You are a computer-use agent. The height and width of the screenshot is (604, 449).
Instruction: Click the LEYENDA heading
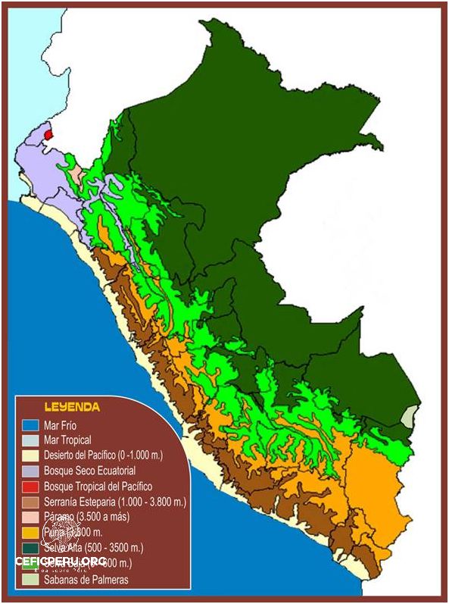point(72,407)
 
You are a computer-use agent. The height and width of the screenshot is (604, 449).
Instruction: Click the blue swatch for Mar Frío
point(30,426)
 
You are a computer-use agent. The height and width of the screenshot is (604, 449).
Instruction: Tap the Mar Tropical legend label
point(67,440)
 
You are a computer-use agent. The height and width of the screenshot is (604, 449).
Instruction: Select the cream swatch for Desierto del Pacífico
point(30,455)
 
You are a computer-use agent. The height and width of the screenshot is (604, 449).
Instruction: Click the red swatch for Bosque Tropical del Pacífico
point(30,486)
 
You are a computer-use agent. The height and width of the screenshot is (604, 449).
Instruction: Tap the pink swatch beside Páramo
point(30,516)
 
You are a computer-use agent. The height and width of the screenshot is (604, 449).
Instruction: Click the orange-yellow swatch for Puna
point(30,531)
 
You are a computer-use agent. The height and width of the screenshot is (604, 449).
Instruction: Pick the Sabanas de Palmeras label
point(86,580)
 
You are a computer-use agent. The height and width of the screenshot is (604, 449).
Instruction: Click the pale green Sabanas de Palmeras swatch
point(30,580)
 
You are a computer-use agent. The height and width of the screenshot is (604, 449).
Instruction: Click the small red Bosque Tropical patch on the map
point(48,134)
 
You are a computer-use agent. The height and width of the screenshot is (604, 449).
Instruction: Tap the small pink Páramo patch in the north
point(76,171)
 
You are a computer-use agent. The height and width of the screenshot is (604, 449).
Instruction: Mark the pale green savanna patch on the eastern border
point(410,417)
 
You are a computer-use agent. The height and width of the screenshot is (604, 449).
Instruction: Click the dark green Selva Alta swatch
point(30,546)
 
